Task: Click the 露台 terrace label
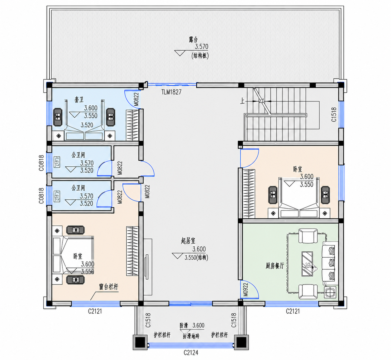pyautogui.click(x=193, y=40)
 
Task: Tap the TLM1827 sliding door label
pyautogui.click(x=171, y=92)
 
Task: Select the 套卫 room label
pyautogui.click(x=79, y=100)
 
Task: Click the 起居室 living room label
pyautogui.click(x=188, y=241)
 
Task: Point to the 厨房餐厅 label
pyautogui.click(x=275, y=266)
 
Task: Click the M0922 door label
pyautogui.click(x=246, y=290)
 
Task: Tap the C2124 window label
pyautogui.click(x=191, y=353)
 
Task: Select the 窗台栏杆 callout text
pyautogui.click(x=109, y=287)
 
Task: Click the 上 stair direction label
pyautogui.click(x=242, y=101)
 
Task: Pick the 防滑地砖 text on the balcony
pyautogui.click(x=191, y=336)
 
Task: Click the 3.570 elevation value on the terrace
pyautogui.click(x=201, y=46)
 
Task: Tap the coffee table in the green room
pyautogui.click(x=307, y=264)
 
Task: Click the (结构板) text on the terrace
pyautogui.click(x=200, y=56)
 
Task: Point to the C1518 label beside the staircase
pyautogui.click(x=334, y=115)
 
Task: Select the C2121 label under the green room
pyautogui.click(x=293, y=311)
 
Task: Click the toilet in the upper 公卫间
pyautogui.click(x=57, y=162)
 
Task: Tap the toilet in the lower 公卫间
pyautogui.click(x=57, y=196)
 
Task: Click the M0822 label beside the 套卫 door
pyautogui.click(x=136, y=99)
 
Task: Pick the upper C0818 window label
pyautogui.click(x=41, y=163)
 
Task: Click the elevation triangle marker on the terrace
pyautogui.click(x=180, y=53)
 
